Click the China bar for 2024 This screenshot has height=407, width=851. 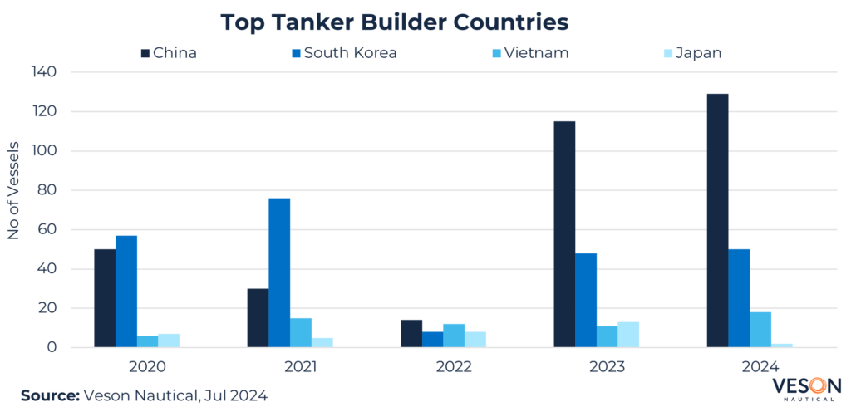coord(717,220)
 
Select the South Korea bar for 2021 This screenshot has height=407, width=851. coord(279,272)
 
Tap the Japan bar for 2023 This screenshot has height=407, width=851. coord(628,334)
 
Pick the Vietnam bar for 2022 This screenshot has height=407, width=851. coord(454,336)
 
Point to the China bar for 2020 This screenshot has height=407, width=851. coord(105,298)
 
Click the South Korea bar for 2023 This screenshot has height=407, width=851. coord(586,300)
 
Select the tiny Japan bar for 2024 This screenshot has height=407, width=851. coord(782,345)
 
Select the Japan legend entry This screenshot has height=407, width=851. coord(687,53)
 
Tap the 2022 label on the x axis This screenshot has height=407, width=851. coord(454,366)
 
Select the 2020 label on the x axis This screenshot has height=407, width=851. coord(148,366)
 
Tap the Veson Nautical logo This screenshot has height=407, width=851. coord(806,389)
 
